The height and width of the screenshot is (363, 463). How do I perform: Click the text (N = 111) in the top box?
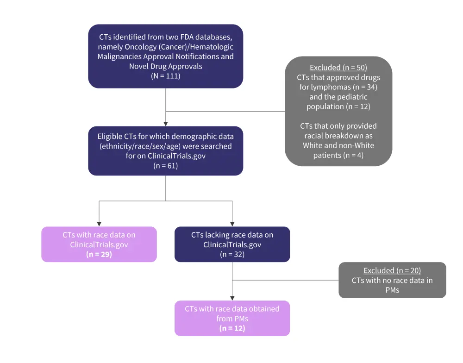coord(165,75)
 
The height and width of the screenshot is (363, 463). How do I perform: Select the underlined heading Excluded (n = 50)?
coord(338,68)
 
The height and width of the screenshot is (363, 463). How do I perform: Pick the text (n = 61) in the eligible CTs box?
coord(165,165)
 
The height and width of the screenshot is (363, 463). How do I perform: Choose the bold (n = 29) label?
coord(99,254)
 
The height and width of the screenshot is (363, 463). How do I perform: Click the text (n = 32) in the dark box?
coord(232,254)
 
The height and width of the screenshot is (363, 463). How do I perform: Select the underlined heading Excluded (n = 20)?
coord(392,270)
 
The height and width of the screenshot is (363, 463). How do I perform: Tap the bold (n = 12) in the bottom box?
coord(232,328)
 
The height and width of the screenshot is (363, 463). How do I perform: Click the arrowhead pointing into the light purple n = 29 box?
coord(99,223)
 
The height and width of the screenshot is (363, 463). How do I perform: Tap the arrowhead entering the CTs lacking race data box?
coord(232,223)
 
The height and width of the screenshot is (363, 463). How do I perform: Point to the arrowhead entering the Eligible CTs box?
coord(165,123)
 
